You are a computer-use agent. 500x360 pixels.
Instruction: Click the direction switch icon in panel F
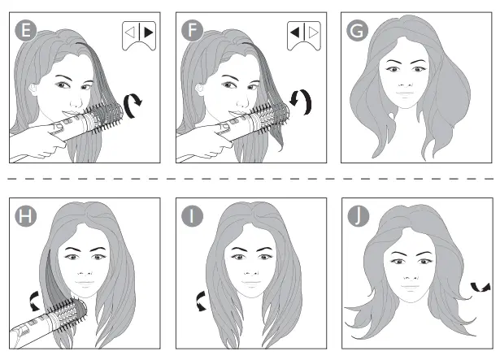[x=302, y=37]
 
